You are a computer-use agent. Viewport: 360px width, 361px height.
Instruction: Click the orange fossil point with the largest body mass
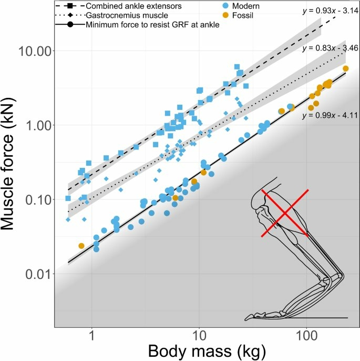tap(345, 69)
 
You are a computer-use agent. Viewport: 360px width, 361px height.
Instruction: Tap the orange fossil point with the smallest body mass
tap(81, 246)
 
